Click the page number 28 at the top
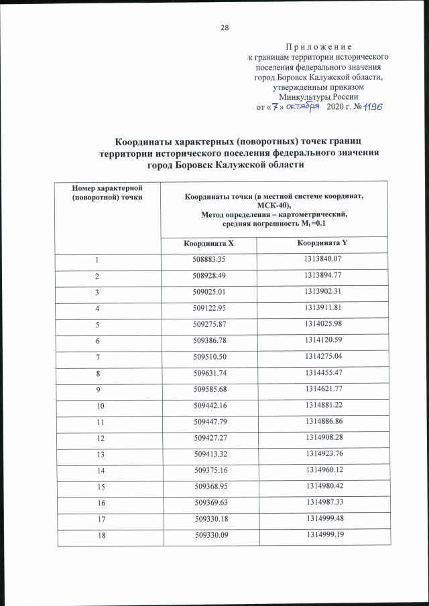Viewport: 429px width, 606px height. click(x=224, y=27)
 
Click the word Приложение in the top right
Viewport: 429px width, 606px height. click(x=318, y=47)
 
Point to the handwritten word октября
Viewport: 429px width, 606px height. click(x=305, y=107)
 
